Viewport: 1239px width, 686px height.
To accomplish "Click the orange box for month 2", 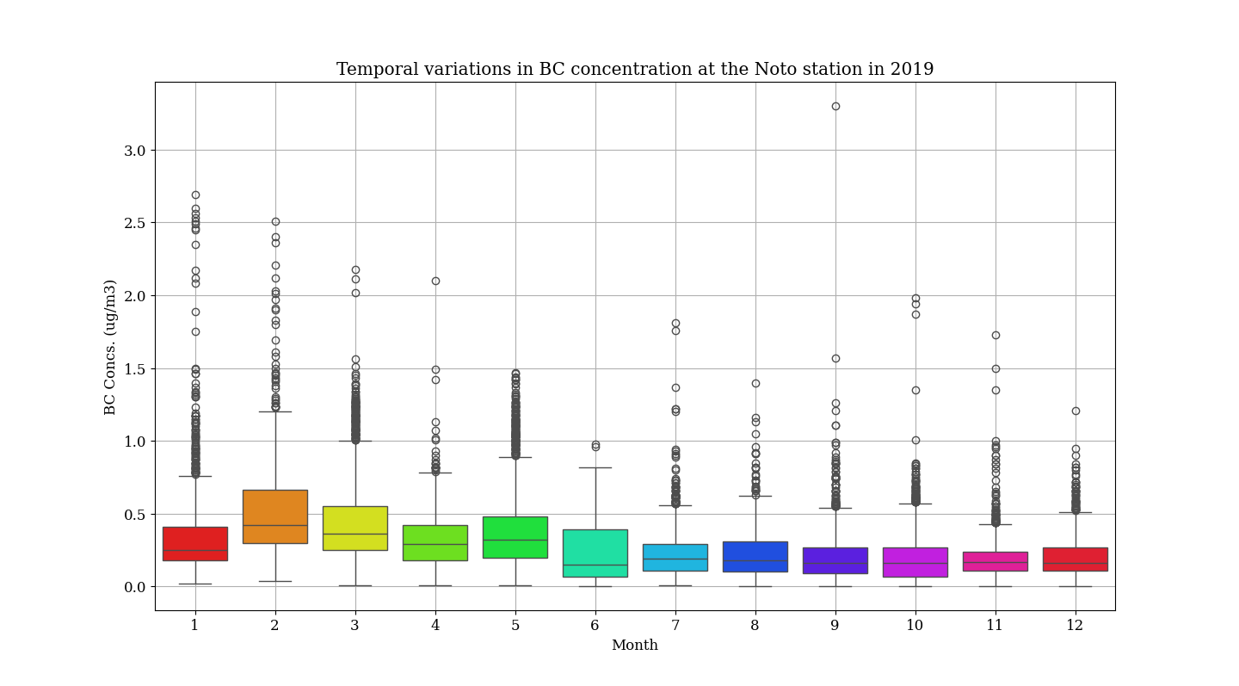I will (x=275, y=516).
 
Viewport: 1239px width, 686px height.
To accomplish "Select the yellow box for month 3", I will (x=355, y=528).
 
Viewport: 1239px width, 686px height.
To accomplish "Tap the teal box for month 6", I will (x=595, y=553).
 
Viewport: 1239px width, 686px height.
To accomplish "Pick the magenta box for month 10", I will (x=915, y=562).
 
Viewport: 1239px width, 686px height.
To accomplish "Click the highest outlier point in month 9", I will (x=835, y=106).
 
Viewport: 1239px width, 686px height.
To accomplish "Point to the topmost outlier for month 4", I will (x=435, y=281).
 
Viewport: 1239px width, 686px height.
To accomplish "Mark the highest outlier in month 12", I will (x=1076, y=411).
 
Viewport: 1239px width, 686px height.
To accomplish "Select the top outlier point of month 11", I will (x=996, y=335).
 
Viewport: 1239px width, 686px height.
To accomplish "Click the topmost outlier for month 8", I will (x=755, y=383).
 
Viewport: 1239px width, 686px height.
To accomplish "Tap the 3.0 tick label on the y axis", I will (x=135, y=151).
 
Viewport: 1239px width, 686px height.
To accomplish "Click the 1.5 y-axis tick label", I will (x=135, y=369).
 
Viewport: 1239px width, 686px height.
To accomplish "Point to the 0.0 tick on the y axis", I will (x=135, y=587).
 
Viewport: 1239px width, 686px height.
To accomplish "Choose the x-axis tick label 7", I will (x=675, y=626).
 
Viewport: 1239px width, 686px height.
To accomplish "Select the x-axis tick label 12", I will (x=1075, y=626).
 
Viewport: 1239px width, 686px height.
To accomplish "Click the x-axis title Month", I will (x=635, y=646).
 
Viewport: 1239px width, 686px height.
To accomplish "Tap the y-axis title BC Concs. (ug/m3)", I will (x=110, y=347).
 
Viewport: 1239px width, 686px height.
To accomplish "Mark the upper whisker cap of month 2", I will (x=275, y=411).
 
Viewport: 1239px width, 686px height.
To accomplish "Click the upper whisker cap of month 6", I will (x=595, y=467).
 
